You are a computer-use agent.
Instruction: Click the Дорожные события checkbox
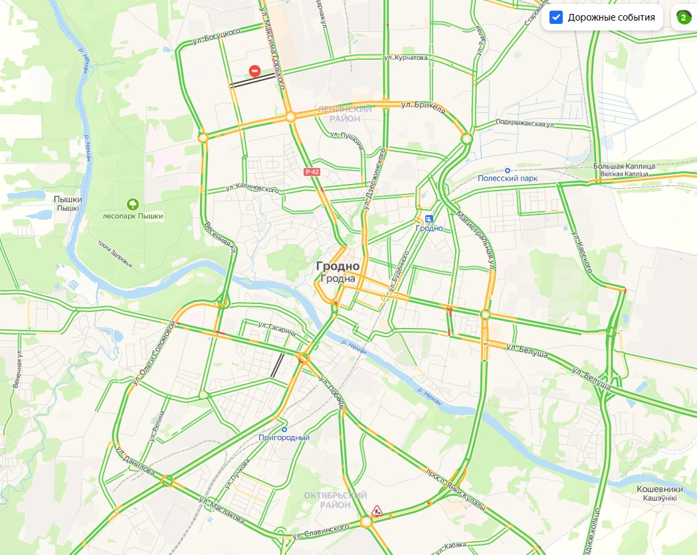coord(557,17)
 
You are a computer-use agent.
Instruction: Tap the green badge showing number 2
coord(683,18)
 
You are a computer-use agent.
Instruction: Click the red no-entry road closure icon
coord(254,71)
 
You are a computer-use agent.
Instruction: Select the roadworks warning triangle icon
coord(377,510)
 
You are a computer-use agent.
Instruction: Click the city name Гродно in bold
coord(338,266)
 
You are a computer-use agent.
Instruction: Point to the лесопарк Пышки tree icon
coord(133,204)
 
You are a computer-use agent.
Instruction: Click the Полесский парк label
coord(508,179)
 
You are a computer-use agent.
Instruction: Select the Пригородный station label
coord(284,437)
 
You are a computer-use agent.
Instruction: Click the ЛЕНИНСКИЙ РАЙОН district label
coord(345,114)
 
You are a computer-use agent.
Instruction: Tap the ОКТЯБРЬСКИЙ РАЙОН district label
coord(336,500)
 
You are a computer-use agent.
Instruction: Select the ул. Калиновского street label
coord(252,189)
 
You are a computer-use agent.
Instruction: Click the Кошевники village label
coord(660,489)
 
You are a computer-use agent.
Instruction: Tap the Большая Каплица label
coord(624,166)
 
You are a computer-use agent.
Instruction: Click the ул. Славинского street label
coord(322,530)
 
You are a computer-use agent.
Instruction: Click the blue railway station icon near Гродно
coord(429,218)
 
